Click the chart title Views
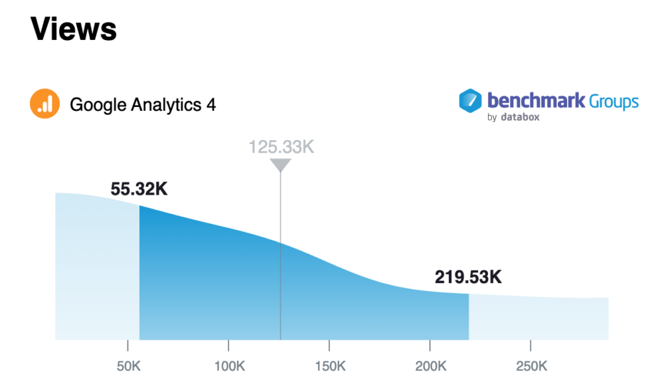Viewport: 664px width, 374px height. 73,29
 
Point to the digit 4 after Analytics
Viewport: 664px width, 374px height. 211,105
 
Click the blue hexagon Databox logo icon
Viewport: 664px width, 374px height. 470,101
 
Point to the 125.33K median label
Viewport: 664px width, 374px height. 281,147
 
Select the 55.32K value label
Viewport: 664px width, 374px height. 139,189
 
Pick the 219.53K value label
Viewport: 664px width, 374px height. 468,277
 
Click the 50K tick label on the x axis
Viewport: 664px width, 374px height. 127,366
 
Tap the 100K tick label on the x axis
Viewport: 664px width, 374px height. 228,366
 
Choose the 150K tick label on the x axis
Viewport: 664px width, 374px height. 329,366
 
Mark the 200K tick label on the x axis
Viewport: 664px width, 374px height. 430,366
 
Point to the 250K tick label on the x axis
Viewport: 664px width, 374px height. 530,366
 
